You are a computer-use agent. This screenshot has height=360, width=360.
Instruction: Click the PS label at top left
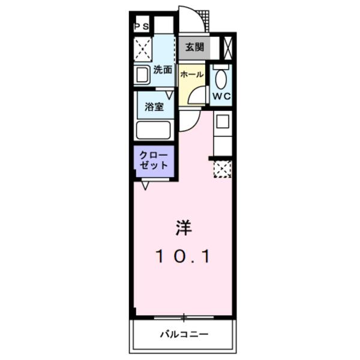point(142,26)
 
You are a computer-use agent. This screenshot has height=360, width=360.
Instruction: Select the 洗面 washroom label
point(162,70)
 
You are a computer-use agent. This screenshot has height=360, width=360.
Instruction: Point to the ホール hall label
point(192,76)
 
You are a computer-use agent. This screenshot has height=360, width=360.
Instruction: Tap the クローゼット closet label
point(154,160)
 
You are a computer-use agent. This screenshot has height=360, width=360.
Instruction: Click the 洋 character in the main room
point(183,228)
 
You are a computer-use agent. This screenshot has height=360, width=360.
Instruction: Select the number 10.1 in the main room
point(183,257)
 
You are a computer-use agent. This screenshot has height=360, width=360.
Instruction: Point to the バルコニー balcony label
point(184,334)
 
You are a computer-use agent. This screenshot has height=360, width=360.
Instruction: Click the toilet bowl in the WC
point(220,78)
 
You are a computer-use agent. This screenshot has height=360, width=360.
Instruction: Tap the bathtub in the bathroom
point(154,130)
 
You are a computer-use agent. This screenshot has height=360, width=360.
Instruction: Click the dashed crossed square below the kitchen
point(222,169)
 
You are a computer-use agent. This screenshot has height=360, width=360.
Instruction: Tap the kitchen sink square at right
point(221,122)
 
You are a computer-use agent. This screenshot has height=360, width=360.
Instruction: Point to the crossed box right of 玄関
point(227,47)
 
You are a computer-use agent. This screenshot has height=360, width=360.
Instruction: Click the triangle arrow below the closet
point(145,186)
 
